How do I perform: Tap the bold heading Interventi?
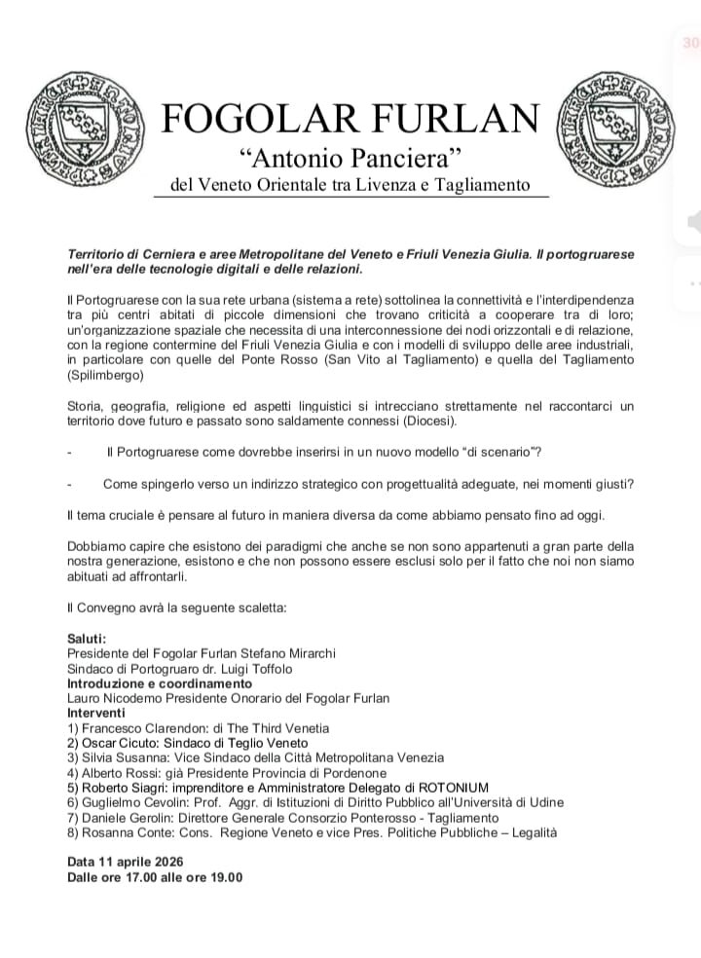96,713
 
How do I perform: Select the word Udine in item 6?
543,802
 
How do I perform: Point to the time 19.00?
223,877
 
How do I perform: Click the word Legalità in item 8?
529,832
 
